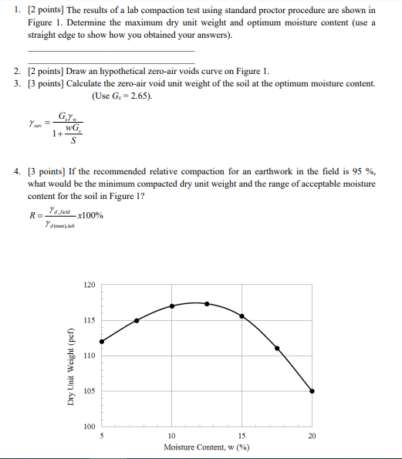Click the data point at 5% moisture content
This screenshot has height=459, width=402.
[102, 341]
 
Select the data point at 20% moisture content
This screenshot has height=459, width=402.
[312, 391]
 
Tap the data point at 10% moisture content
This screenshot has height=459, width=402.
[172, 305]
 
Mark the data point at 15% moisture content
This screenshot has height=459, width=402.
[242, 316]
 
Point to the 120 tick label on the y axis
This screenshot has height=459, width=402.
[89, 285]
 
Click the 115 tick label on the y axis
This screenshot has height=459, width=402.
[89, 320]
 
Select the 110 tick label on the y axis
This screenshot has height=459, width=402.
[89, 356]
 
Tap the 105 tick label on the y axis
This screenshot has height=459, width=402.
[89, 391]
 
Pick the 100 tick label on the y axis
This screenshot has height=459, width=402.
[89, 427]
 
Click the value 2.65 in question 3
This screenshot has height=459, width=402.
[139, 96]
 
